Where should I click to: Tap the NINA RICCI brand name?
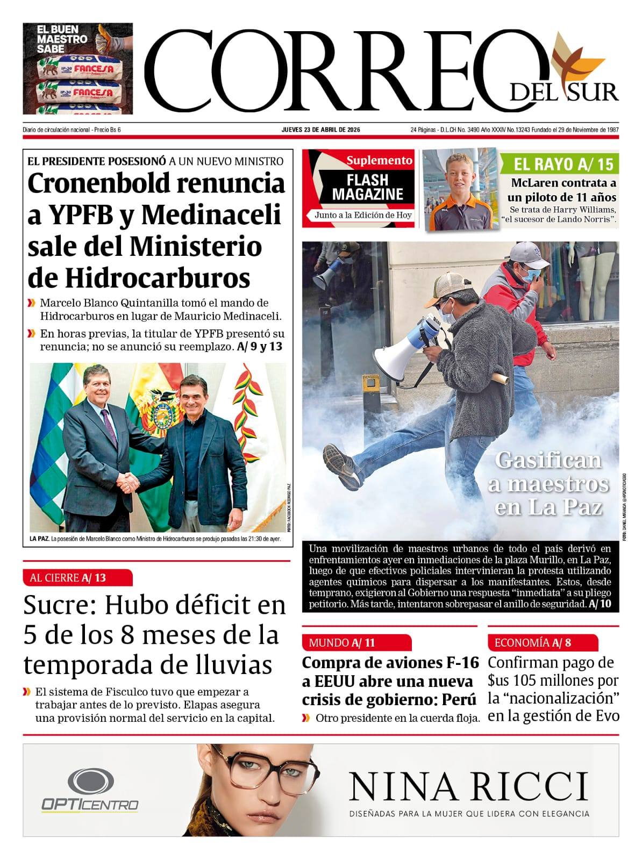coord(468,786)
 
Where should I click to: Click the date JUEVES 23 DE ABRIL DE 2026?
coord(321,130)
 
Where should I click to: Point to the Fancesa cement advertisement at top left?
coord(77,68)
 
